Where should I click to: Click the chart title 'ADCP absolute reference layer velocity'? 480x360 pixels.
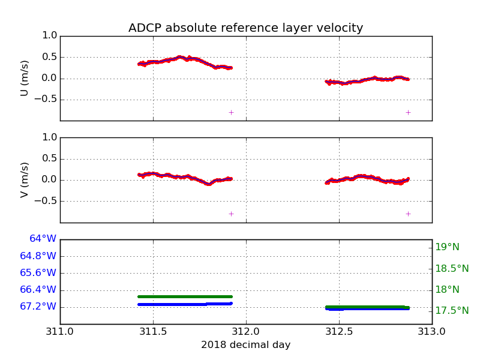tap(245, 28)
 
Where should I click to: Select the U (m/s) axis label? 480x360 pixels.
tap(25, 78)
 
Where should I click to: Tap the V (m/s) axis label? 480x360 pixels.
tap(25, 179)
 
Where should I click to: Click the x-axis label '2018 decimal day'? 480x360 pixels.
tap(245, 345)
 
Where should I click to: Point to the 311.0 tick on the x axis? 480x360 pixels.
tap(60, 331)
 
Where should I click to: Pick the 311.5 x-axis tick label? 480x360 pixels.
tap(153, 331)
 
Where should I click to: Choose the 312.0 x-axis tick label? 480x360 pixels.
tap(246, 331)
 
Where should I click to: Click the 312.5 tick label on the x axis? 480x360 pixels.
tap(339, 331)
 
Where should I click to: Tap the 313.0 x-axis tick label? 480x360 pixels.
tap(431, 331)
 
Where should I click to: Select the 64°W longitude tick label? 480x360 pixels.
tap(43, 239)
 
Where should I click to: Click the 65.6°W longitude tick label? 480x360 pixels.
tap(38, 272)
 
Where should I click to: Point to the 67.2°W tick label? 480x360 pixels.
tap(38, 307)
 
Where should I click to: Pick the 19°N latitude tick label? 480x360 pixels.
tap(447, 247)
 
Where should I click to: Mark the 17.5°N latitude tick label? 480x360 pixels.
tap(451, 311)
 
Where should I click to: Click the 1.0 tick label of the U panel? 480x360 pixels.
tap(50, 36)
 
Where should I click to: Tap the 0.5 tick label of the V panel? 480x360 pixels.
tap(50, 159)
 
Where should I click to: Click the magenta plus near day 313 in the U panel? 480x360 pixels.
tap(408, 112)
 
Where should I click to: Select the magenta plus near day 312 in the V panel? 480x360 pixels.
tap(231, 214)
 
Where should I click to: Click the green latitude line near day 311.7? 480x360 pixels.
tap(190, 296)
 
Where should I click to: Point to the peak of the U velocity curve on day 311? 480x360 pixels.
tap(180, 57)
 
